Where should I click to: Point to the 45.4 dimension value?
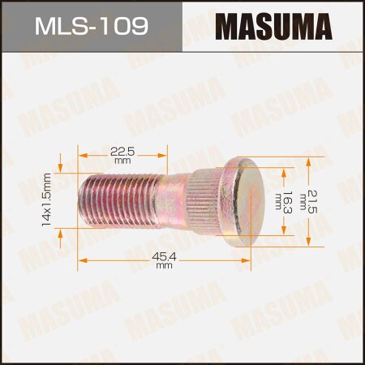[x=165, y=255]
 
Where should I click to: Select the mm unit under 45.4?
[x=165, y=266]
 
